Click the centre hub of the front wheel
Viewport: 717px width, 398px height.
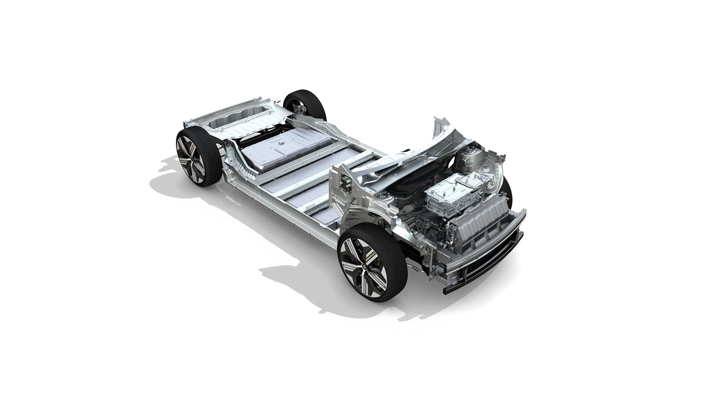pos(369,267)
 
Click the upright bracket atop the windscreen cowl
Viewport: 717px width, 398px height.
pos(441,127)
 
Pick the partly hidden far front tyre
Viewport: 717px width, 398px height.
pos(507,192)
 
